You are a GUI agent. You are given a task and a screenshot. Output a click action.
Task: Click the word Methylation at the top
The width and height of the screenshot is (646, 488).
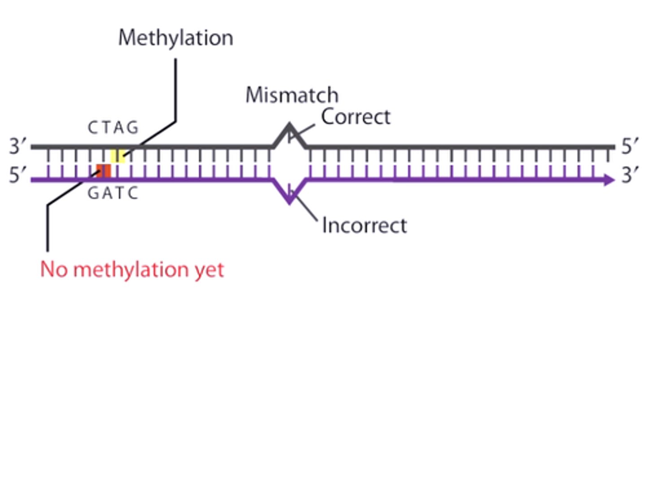tap(175, 38)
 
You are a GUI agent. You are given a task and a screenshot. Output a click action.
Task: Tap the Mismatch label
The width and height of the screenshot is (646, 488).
tap(292, 95)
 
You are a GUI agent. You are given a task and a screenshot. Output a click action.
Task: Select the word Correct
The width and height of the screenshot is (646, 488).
tap(355, 117)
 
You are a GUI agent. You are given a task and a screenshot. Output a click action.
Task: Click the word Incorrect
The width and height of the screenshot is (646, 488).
tap(364, 225)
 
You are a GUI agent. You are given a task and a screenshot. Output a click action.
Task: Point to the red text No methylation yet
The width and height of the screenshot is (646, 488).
tap(132, 270)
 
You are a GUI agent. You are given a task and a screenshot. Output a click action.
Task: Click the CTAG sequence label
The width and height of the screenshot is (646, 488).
tap(113, 128)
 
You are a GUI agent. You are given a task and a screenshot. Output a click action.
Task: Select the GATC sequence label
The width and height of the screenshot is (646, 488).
tap(113, 193)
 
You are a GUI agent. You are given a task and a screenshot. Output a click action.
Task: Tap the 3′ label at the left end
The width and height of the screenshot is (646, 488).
tap(18, 146)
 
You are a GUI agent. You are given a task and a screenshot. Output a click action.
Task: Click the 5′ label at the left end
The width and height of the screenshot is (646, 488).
tap(18, 175)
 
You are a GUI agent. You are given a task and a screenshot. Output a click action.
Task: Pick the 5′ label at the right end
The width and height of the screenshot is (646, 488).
tap(630, 146)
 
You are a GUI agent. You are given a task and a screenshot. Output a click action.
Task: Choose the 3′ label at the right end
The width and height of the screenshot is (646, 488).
tap(630, 175)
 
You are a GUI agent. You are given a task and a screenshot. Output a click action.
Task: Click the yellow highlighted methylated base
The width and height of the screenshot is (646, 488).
tap(118, 156)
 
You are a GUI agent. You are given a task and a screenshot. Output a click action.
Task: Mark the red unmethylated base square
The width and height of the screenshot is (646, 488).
tap(104, 171)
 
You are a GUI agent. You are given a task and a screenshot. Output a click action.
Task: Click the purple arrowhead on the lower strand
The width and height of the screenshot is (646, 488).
tap(609, 180)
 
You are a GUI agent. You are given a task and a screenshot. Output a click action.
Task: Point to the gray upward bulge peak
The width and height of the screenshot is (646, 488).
tap(289, 126)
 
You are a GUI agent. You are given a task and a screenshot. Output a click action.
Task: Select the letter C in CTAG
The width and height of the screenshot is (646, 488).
tap(92, 128)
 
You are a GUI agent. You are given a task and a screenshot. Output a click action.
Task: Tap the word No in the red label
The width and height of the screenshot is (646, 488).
tap(54, 270)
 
